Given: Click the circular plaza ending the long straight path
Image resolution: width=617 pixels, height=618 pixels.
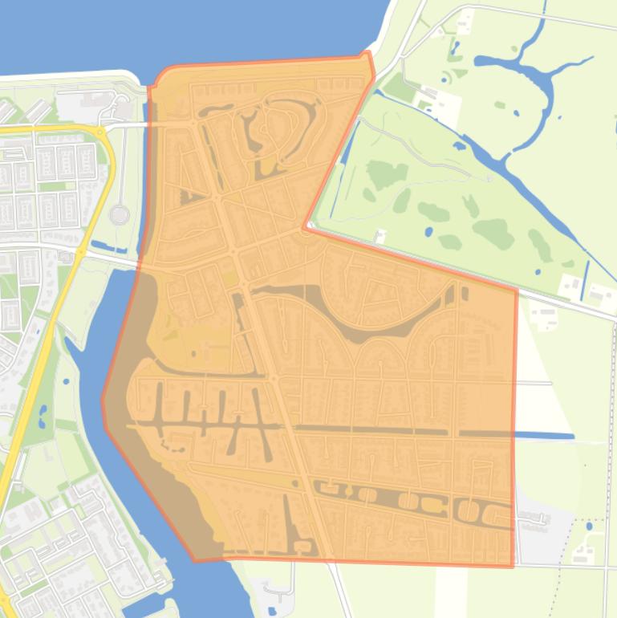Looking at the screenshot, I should click(x=120, y=215).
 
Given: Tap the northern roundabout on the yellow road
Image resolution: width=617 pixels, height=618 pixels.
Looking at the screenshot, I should click(x=99, y=132).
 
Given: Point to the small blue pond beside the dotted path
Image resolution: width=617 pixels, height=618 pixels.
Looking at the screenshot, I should click(x=590, y=527).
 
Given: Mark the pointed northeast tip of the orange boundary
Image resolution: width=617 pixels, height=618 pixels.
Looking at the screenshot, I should click(x=368, y=55).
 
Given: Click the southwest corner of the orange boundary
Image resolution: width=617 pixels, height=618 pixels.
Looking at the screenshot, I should click(x=195, y=559).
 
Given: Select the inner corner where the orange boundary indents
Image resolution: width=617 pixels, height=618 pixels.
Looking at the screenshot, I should click(x=306, y=228).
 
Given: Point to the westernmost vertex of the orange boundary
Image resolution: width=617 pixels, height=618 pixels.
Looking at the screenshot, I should click(x=104, y=399).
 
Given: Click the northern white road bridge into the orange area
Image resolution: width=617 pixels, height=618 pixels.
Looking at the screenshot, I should click(x=128, y=125).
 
